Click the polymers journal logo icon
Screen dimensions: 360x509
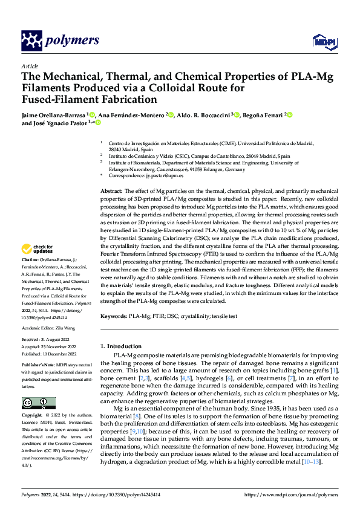point(31,41)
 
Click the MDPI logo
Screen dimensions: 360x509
point(323,41)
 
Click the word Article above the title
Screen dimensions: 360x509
point(30,66)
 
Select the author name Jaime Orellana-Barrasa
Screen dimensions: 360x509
point(54,114)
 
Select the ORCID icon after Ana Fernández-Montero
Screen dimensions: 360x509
point(171,114)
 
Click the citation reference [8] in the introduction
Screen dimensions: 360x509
point(138,417)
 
